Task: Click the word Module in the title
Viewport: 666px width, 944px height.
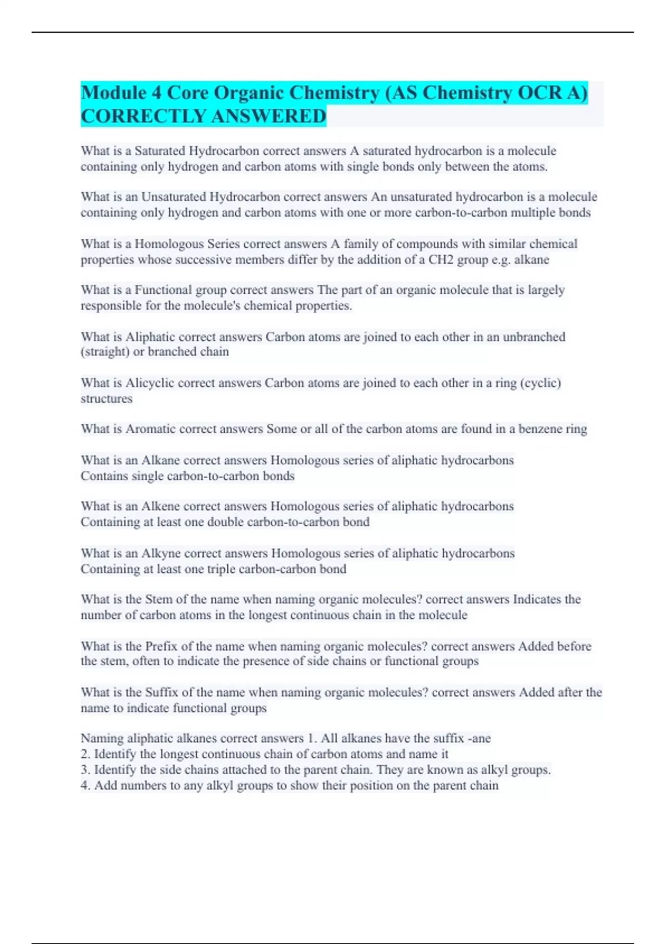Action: pyautogui.click(x=114, y=93)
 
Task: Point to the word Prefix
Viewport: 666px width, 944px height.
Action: pyautogui.click(x=162, y=646)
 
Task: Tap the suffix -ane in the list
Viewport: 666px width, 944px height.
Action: pyautogui.click(x=479, y=739)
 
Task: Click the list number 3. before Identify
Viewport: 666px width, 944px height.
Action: pyautogui.click(x=85, y=770)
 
